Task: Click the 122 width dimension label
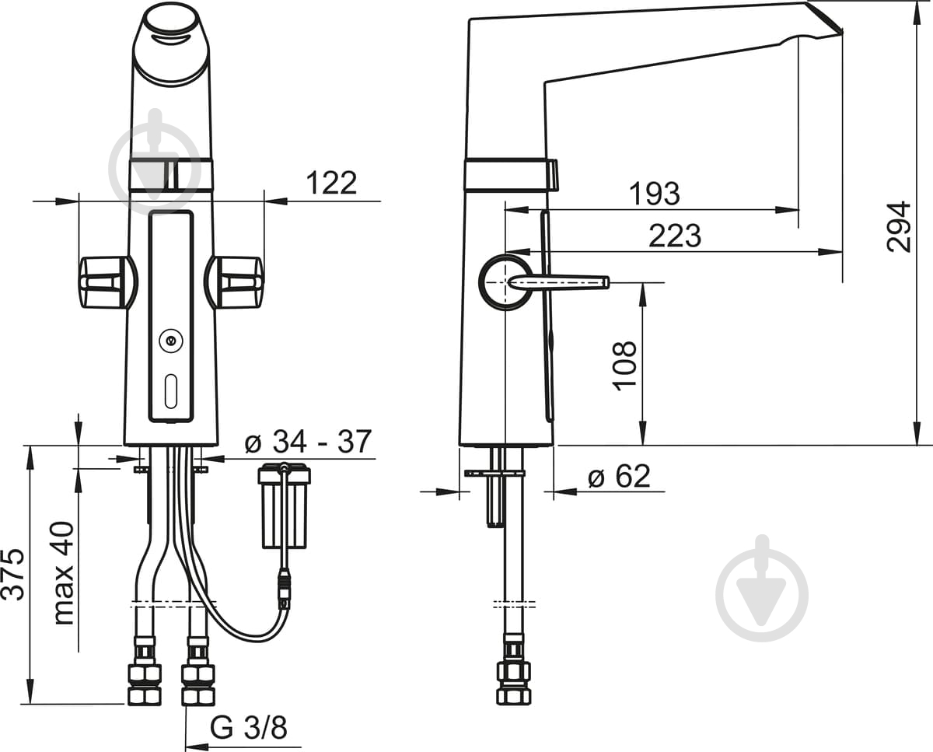331,183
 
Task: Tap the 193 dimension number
654,194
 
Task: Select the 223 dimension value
675,236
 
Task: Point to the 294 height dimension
898,226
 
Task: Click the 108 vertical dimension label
624,366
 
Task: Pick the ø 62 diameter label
619,476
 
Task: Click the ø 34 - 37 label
308,442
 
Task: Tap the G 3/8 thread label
249,727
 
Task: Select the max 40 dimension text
64,573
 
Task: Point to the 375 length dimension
12,574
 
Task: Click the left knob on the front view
108,282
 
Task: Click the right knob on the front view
234,282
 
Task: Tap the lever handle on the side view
558,282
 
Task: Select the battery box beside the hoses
285,505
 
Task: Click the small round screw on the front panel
171,341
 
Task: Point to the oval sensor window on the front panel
171,391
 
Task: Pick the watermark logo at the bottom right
762,588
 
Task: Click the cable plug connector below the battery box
285,589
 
